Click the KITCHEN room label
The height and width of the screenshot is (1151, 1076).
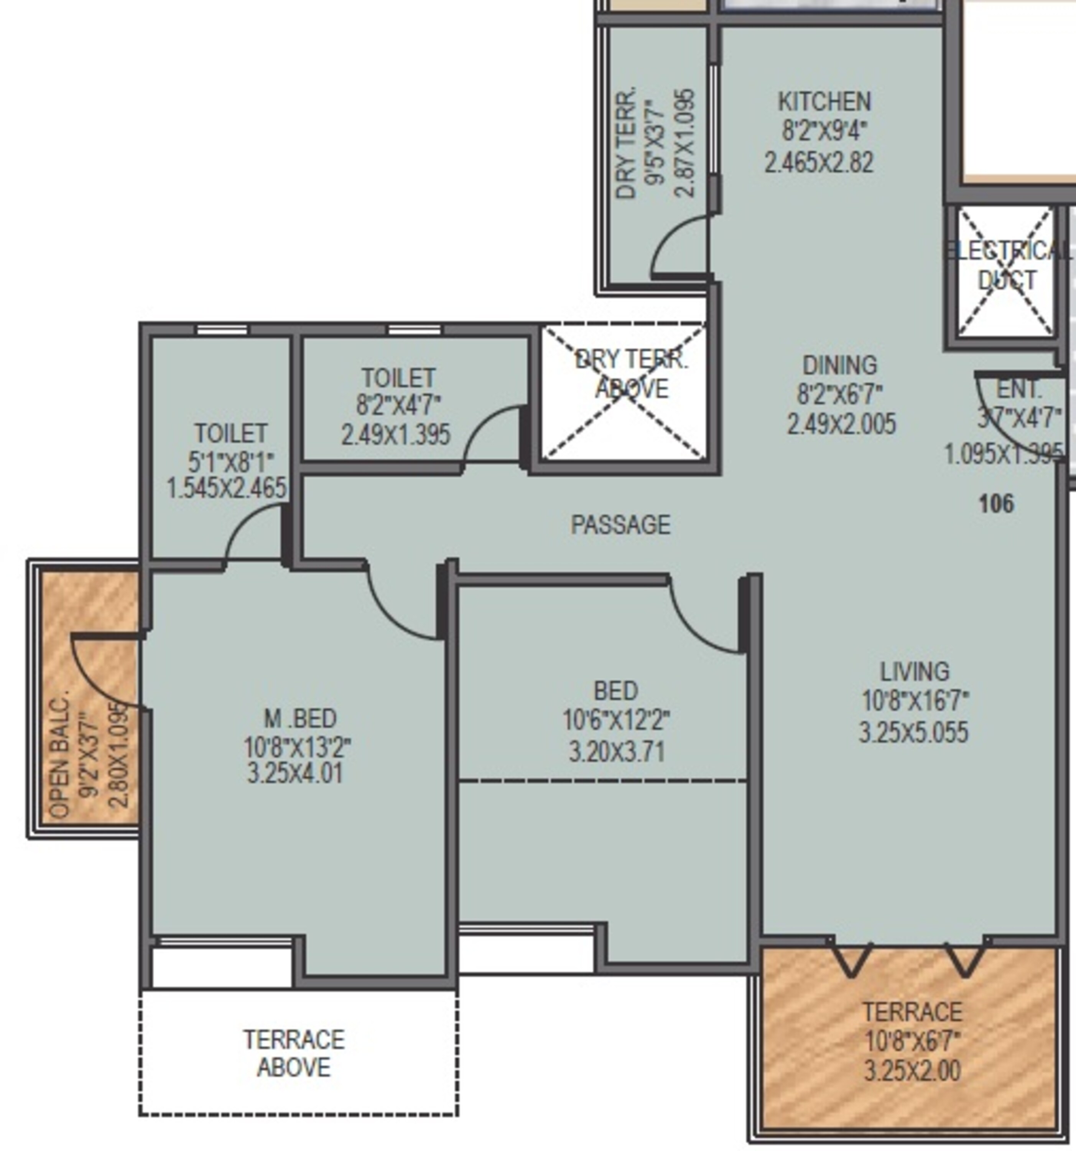tap(824, 102)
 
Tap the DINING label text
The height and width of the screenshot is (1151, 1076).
tap(839, 365)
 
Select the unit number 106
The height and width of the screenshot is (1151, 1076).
tap(996, 504)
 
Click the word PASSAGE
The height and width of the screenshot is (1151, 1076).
tap(620, 524)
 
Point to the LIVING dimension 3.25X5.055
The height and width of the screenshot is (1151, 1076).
tap(913, 732)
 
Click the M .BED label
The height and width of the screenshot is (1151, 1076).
tap(300, 719)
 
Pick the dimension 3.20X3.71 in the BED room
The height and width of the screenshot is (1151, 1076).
tap(617, 753)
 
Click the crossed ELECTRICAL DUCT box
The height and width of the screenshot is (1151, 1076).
tap(1005, 272)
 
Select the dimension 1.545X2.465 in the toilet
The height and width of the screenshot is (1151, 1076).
tap(226, 488)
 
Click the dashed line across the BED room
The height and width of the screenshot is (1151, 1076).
tap(602, 781)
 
